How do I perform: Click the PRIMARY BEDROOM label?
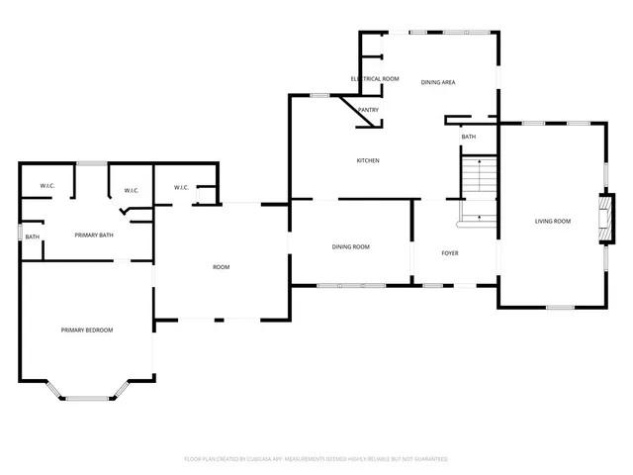86,330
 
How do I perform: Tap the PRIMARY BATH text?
96,235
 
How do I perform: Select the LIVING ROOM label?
553,221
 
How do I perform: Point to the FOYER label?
449,252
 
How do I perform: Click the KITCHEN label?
368,160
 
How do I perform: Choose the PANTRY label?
368,110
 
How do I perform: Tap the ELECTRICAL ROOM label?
375,78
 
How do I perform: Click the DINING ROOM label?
350,246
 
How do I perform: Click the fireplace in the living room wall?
600,219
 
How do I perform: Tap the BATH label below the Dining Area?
468,137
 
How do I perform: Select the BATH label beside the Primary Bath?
33,237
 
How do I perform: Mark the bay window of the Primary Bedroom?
86,397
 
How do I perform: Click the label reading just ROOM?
221,267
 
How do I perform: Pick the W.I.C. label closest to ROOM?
181,187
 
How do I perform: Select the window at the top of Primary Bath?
92,163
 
